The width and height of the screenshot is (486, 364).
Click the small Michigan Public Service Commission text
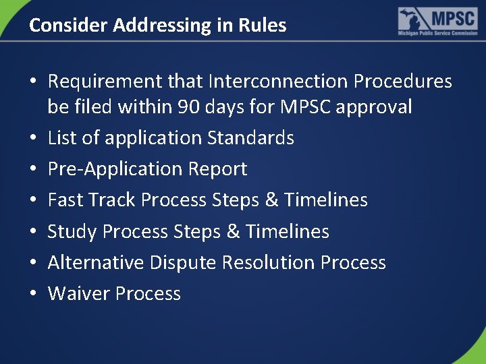pyautogui.click(x=437, y=33)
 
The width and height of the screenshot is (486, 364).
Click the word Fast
pyautogui.click(x=65, y=200)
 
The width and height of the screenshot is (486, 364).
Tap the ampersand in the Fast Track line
pyautogui.click(x=271, y=200)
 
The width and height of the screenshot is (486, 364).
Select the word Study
pyautogui.click(x=72, y=231)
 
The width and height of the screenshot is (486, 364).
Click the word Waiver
pyautogui.click(x=78, y=294)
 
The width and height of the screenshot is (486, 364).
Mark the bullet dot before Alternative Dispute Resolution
pyautogui.click(x=33, y=263)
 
